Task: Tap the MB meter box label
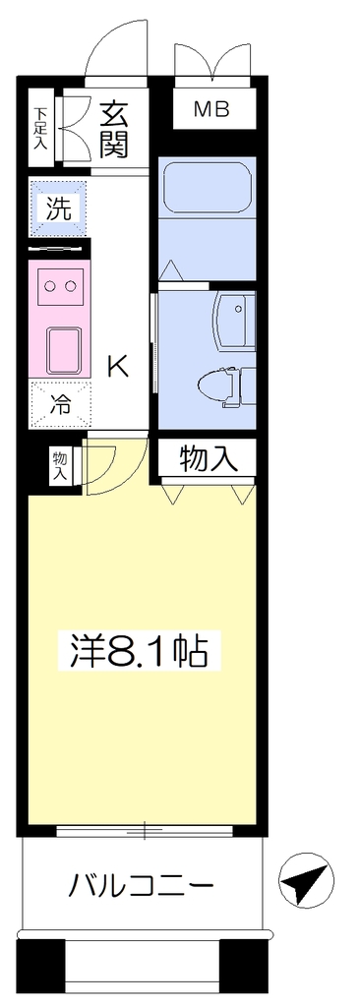212,109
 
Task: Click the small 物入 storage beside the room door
59,465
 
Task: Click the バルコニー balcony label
141,888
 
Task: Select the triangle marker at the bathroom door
170,270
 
